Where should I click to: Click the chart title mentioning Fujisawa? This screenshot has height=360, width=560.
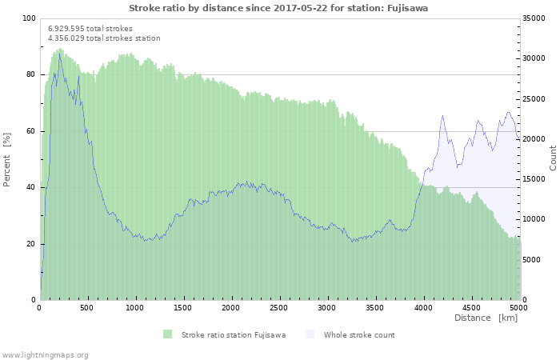(278, 8)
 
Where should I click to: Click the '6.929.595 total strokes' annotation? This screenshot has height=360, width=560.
(90, 28)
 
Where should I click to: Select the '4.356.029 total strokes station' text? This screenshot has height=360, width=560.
(104, 38)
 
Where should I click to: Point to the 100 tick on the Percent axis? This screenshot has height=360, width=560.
(29, 18)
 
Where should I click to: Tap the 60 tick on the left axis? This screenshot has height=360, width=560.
(31, 131)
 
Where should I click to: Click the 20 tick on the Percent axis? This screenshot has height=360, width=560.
(31, 244)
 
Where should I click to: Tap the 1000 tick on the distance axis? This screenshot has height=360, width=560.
(135, 307)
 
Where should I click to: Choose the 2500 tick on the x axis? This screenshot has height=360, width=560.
(279, 307)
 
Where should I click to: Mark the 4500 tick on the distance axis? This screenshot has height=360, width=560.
(470, 307)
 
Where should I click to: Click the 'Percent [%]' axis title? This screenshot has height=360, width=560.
(7, 160)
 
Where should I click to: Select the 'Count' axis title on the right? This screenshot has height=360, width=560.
(553, 158)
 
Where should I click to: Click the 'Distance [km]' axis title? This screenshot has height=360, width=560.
(486, 318)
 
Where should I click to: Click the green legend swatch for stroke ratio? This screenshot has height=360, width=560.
(167, 334)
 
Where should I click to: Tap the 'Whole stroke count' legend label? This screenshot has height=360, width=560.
(359, 334)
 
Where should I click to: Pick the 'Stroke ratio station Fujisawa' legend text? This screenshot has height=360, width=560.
(234, 334)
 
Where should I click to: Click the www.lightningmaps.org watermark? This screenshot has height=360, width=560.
(45, 354)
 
